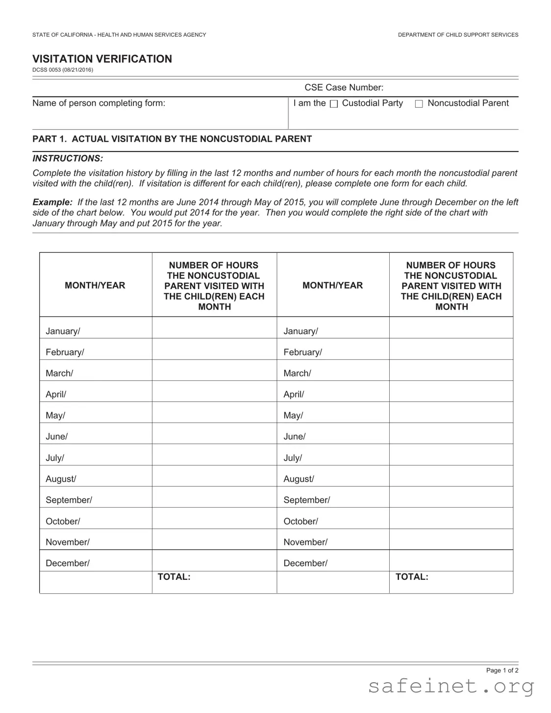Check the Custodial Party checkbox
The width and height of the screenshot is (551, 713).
click(334, 104)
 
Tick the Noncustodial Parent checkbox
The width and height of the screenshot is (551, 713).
click(419, 104)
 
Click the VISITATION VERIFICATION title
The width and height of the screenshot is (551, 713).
click(102, 59)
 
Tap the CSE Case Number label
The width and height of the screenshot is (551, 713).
click(344, 87)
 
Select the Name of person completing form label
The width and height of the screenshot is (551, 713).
click(99, 103)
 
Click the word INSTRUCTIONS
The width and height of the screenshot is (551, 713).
click(68, 158)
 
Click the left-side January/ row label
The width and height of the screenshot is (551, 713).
click(63, 331)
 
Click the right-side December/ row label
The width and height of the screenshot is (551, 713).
click(305, 563)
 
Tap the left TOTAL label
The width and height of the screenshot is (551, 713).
click(174, 577)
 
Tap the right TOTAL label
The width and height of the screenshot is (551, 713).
click(412, 577)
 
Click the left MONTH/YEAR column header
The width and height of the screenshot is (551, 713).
click(95, 285)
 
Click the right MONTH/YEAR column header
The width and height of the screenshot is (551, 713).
click(332, 285)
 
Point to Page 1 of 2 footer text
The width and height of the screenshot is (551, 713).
click(502, 670)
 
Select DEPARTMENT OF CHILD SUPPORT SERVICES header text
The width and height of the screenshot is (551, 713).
click(458, 35)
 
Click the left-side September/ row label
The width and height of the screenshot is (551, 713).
click(69, 500)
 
